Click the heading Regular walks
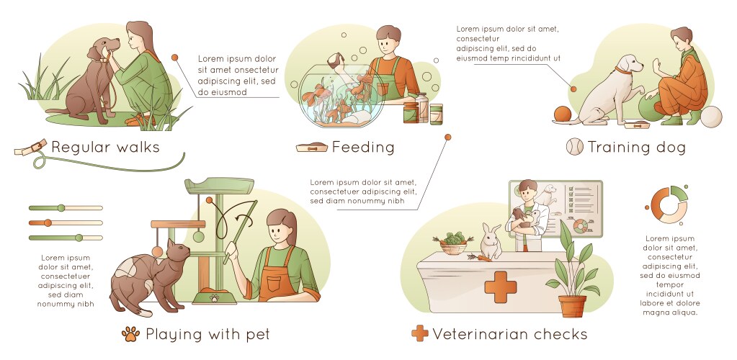(105, 148)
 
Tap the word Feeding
(363, 148)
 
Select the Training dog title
(637, 148)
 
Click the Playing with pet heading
(207, 334)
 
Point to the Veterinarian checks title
(510, 334)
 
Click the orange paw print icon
(130, 334)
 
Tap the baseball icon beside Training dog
(574, 148)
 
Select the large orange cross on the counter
(501, 287)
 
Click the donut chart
(669, 204)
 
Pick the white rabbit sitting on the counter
(491, 242)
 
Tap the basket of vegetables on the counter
(452, 243)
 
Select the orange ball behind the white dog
(562, 114)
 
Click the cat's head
(177, 253)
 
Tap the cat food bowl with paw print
(215, 296)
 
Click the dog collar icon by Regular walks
(30, 148)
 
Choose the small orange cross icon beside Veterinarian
(419, 334)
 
